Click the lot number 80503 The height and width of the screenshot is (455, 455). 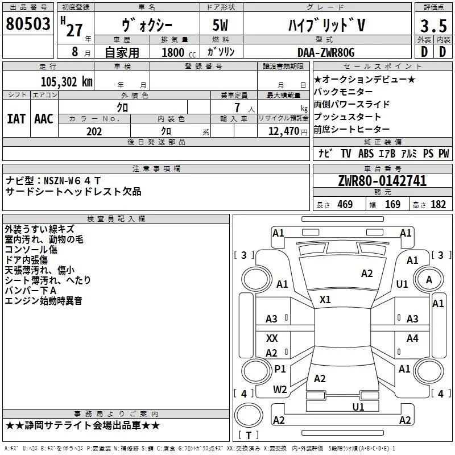point(28,24)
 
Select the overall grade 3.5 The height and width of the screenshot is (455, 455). point(433,26)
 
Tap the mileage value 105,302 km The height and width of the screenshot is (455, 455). point(67,82)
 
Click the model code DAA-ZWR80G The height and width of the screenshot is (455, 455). point(326,52)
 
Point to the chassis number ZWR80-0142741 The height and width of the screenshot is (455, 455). point(382,181)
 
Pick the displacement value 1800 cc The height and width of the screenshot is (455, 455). point(179,52)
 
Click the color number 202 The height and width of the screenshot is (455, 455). point(94,131)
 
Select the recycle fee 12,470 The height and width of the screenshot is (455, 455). point(283,131)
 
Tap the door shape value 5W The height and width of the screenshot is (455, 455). point(220,25)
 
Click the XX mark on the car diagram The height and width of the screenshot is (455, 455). point(272,338)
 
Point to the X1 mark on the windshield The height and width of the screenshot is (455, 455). point(325,300)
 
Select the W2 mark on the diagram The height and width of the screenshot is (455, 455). point(280,390)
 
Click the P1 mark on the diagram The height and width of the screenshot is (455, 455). point(280,369)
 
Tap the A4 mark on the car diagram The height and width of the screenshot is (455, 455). point(412,338)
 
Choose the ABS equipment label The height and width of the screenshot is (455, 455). point(366,154)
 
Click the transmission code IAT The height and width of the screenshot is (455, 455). point(16,119)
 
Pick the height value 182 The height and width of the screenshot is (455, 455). point(438,204)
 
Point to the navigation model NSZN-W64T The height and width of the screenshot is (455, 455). point(72,181)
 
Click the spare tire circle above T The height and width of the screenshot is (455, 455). point(249,415)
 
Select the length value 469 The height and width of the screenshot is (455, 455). point(345,204)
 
